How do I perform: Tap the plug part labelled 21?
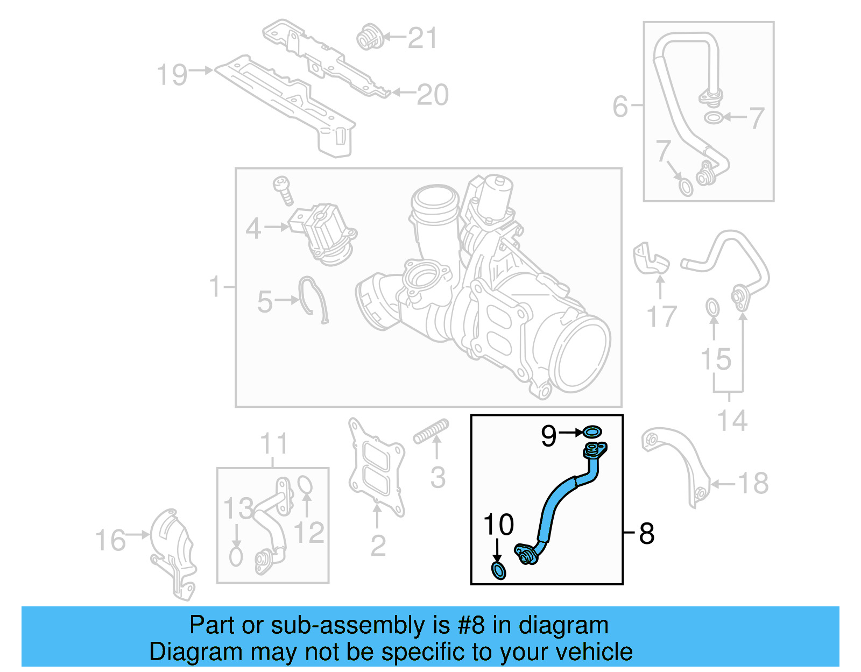[x=369, y=37]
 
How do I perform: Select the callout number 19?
[x=172, y=75]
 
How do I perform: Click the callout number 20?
[x=433, y=95]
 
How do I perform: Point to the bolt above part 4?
[x=283, y=189]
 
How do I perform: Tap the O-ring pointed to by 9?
[x=592, y=432]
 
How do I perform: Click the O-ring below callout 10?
[x=499, y=570]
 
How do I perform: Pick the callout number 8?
[x=646, y=534]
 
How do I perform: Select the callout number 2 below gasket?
[x=378, y=546]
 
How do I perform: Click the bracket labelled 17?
[x=650, y=260]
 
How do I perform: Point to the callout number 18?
[x=753, y=483]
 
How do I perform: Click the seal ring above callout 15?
[x=712, y=308]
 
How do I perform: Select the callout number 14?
[x=732, y=420]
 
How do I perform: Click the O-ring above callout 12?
[x=305, y=484]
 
